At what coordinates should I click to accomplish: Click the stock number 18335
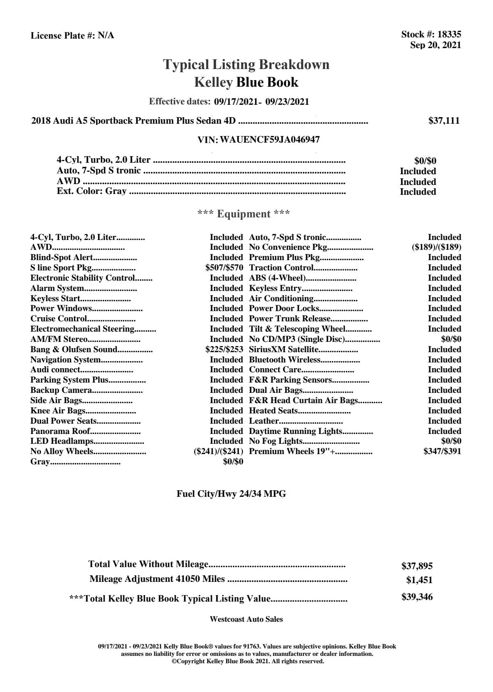point(449,35)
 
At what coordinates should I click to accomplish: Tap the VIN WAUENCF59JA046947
point(270,140)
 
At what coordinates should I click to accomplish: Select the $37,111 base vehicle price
point(444,120)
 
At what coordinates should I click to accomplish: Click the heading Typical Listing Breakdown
point(246,65)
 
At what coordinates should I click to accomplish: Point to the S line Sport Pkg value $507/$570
point(224,268)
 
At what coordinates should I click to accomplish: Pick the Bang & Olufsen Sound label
point(74,349)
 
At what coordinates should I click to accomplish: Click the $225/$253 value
point(224,349)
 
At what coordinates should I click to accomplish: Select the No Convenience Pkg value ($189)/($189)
point(436,247)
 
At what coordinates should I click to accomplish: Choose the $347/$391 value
point(442,451)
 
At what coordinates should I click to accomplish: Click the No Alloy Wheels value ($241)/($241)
point(218,451)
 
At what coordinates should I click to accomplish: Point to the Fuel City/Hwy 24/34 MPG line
point(231,494)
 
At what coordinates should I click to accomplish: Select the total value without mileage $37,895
point(417,566)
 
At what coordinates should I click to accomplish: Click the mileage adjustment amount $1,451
point(419,580)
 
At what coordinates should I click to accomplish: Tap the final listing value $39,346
point(417,597)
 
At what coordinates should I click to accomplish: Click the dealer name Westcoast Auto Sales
point(246,619)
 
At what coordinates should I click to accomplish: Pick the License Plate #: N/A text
point(72,36)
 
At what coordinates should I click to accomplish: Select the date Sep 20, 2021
point(435,45)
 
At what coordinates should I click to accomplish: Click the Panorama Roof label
point(60,431)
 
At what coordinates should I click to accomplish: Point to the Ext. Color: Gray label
point(92,191)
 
